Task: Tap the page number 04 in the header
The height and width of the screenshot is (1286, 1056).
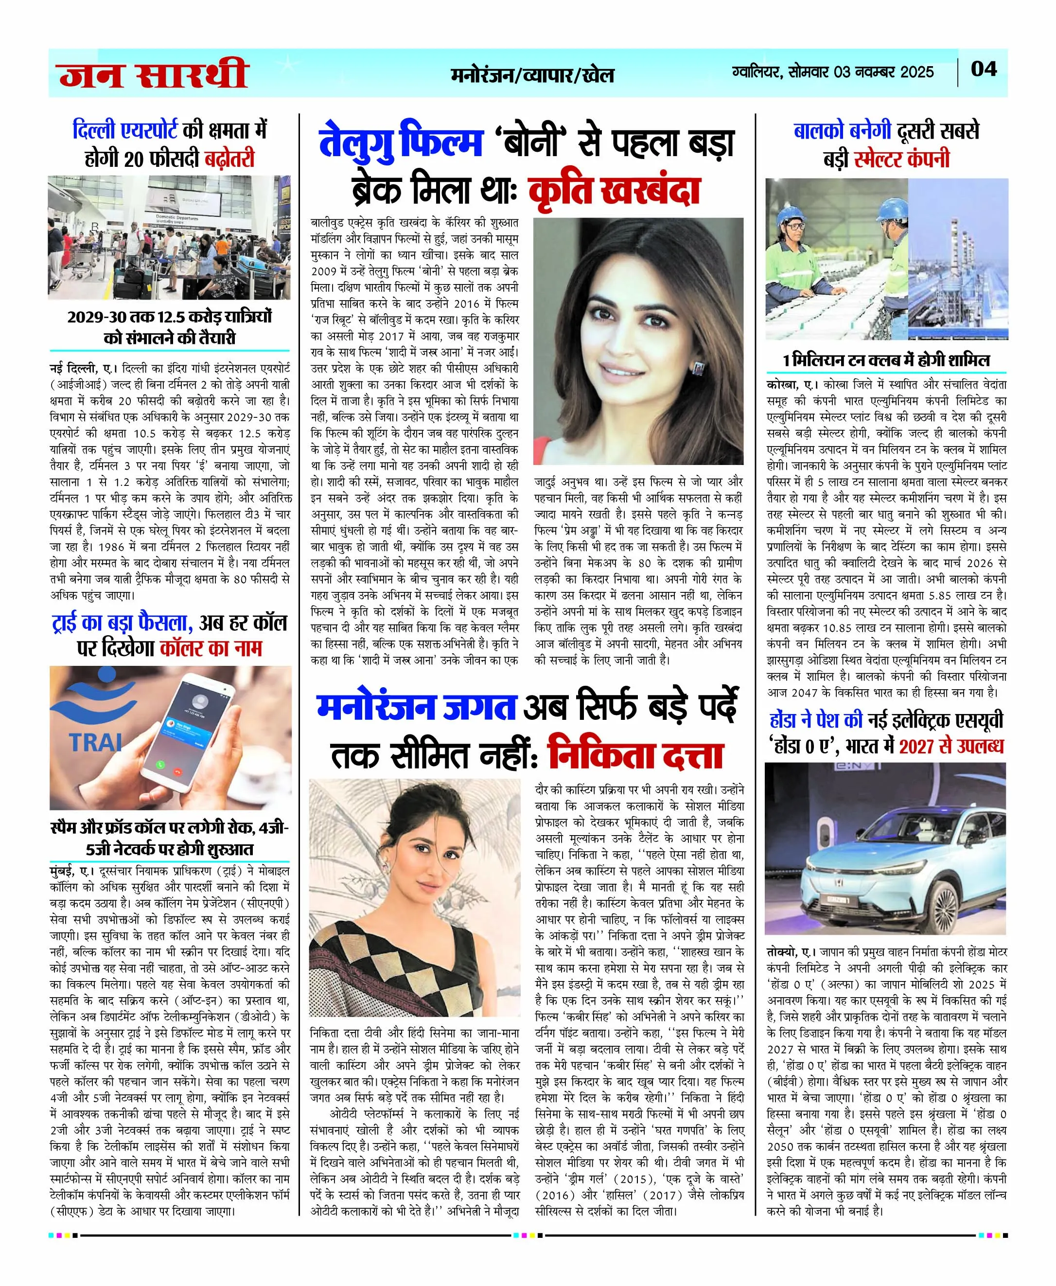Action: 984,69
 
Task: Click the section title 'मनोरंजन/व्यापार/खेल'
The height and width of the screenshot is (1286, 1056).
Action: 532,75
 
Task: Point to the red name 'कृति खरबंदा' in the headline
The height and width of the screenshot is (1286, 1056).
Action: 615,191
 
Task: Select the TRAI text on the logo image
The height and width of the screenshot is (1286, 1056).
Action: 95,743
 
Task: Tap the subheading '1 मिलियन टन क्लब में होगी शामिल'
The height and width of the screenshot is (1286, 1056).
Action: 886,360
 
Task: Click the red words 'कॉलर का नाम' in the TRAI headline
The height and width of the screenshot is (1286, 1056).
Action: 211,648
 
